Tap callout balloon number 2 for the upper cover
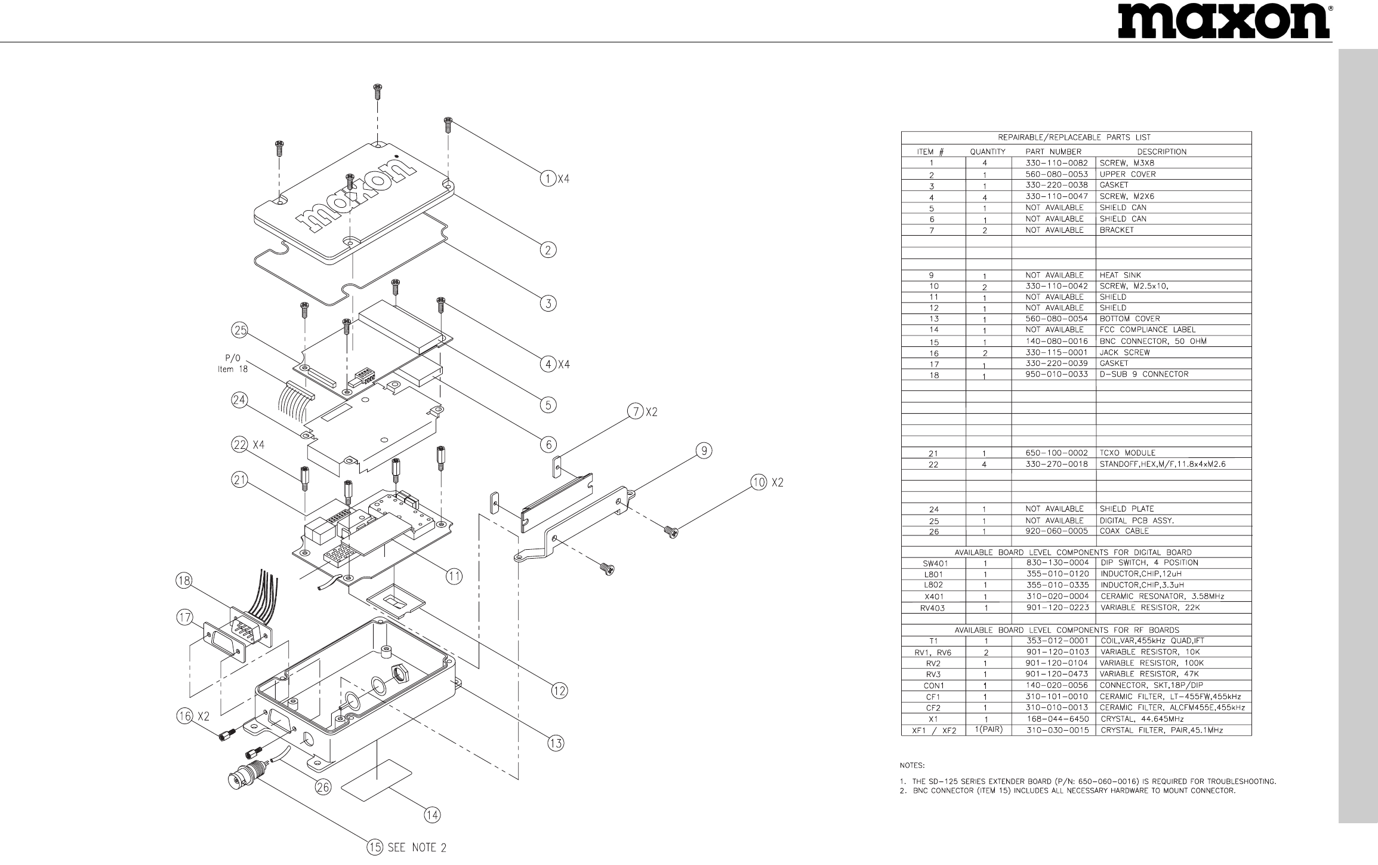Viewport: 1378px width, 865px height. point(547,250)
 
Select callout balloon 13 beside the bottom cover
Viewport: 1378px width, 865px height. point(556,743)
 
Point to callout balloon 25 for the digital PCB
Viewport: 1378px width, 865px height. point(241,330)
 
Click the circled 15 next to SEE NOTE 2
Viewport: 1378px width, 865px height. point(375,847)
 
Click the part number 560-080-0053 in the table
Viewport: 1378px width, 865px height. point(1056,174)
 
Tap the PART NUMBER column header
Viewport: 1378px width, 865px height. point(1053,152)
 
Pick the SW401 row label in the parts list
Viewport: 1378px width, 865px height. point(933,563)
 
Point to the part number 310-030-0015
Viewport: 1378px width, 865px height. point(1056,730)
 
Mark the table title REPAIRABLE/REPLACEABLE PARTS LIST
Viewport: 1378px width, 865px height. point(1075,138)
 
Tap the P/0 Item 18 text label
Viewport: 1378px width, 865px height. point(233,364)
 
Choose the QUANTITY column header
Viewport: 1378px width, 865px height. point(988,152)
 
